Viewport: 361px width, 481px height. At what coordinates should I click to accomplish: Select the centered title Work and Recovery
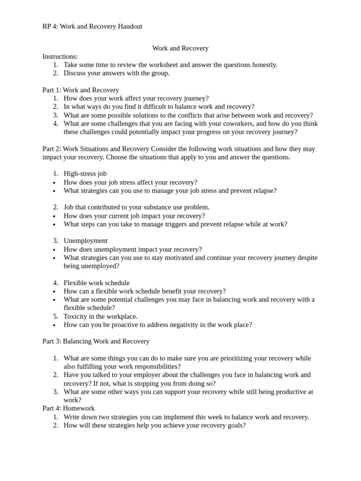click(x=180, y=48)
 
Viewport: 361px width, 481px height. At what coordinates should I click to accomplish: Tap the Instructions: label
click(x=60, y=56)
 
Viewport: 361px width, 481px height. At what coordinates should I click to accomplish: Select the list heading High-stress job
click(x=85, y=173)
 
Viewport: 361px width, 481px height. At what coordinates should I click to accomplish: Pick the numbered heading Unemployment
click(x=86, y=240)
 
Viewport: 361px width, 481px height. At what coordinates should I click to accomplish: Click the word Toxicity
click(x=76, y=316)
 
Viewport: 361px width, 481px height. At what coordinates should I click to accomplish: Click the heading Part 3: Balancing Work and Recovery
click(x=96, y=341)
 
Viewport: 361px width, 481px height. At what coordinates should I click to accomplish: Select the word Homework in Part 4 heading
click(x=78, y=408)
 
